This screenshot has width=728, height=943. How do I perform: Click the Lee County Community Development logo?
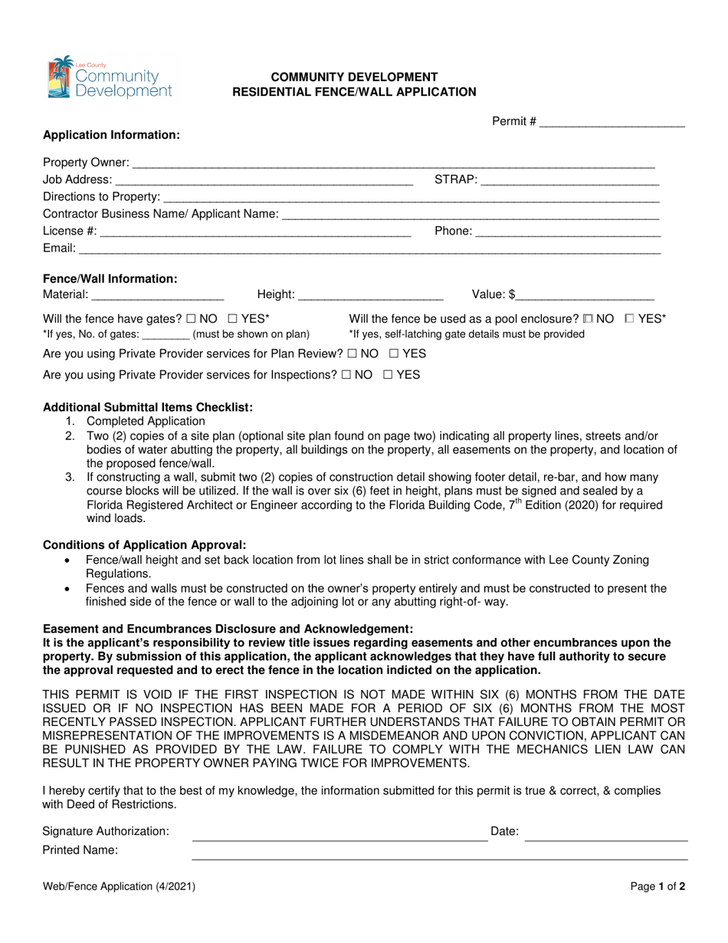(110, 77)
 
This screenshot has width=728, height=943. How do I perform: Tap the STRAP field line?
(569, 180)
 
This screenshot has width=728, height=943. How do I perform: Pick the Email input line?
(369, 248)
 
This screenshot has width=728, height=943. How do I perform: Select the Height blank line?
(371, 294)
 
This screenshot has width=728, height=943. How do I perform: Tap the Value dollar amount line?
(586, 294)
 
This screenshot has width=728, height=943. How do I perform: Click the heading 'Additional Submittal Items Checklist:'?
(148, 406)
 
